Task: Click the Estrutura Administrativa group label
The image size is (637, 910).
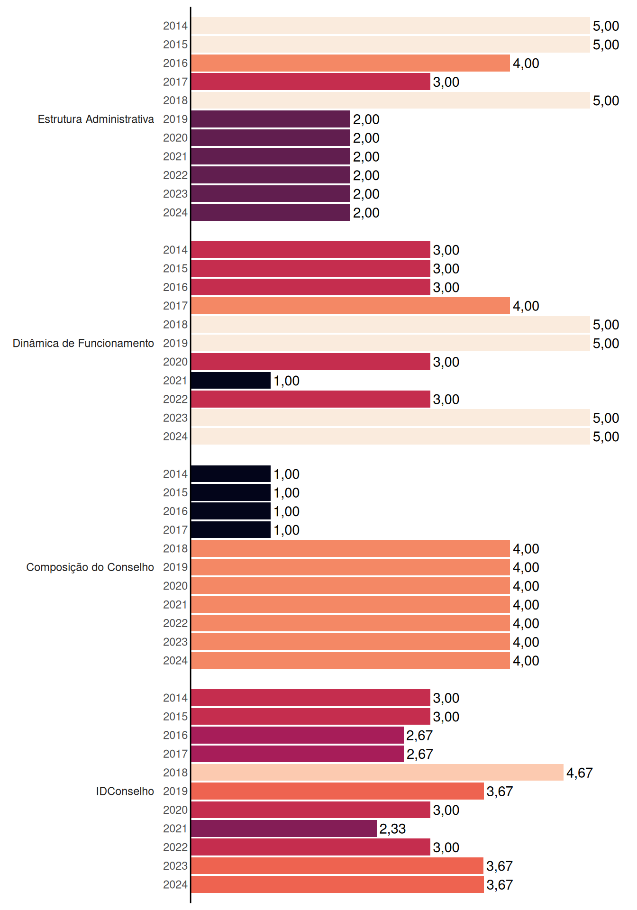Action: (x=96, y=119)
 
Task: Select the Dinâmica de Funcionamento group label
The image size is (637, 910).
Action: (x=83, y=343)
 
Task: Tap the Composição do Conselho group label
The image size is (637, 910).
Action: (x=90, y=567)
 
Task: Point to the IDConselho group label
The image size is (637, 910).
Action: (x=125, y=791)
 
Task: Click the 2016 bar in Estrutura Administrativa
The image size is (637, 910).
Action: (x=351, y=63)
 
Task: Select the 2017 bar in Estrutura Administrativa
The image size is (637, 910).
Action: (x=311, y=82)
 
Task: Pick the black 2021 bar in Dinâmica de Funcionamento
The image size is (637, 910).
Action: (x=231, y=381)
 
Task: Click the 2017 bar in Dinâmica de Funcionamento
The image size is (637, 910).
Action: (x=351, y=306)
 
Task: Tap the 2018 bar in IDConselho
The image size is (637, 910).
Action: (x=377, y=773)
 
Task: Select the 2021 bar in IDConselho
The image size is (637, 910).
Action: (x=284, y=828)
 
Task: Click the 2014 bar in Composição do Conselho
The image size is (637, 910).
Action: (x=231, y=474)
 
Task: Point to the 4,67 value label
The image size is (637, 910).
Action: (x=580, y=773)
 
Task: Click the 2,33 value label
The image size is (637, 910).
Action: (x=393, y=829)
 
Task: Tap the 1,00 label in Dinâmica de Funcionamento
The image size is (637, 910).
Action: (x=287, y=381)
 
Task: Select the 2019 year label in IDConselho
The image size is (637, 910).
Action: (x=175, y=791)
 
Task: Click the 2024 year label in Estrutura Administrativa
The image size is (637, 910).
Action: (x=175, y=212)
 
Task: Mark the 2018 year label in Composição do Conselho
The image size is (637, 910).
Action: (x=175, y=548)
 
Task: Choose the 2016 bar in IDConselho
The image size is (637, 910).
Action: (x=298, y=735)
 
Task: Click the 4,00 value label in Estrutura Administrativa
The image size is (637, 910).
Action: (x=526, y=64)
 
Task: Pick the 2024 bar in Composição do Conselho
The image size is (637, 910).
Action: (x=351, y=661)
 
